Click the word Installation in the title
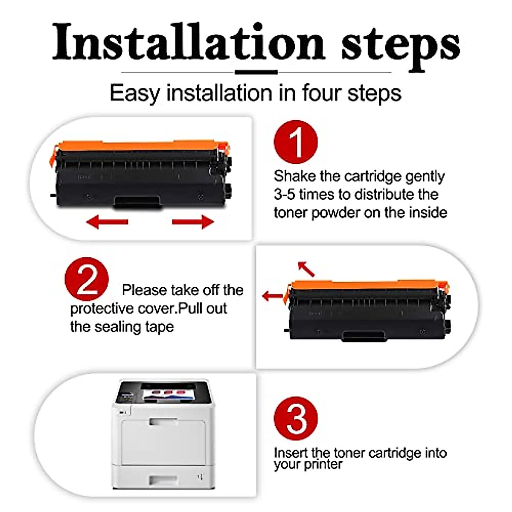coord(188,43)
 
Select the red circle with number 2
coord(87,279)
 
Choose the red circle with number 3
coord(296,419)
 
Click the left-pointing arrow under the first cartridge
coord(107,221)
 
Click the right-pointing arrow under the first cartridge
coord(193,221)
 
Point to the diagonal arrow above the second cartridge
coord(306,269)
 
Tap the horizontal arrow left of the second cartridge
coord(273,296)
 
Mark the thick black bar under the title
coord(256,72)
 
